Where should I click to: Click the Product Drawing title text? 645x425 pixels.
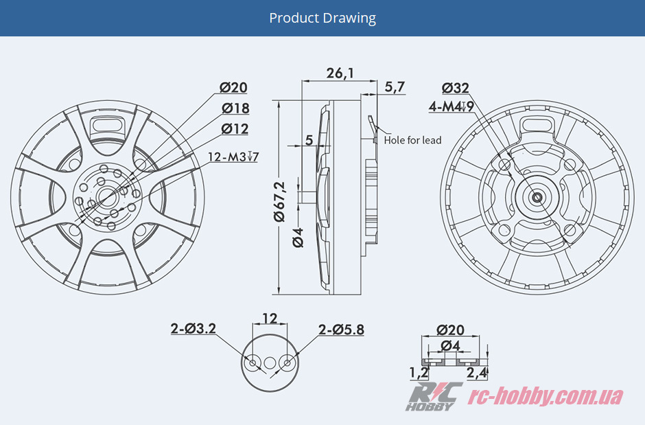(322, 18)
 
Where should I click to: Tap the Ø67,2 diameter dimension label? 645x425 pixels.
(280, 200)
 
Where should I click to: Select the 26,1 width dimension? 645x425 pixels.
(340, 73)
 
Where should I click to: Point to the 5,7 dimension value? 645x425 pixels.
(395, 87)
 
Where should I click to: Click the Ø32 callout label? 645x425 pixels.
(456, 88)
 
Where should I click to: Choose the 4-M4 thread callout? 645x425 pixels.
(451, 107)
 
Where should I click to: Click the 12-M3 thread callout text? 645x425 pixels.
(233, 157)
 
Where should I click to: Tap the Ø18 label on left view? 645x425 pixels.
(235, 108)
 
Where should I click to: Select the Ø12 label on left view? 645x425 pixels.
(235, 129)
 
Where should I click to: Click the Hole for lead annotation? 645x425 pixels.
(412, 140)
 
